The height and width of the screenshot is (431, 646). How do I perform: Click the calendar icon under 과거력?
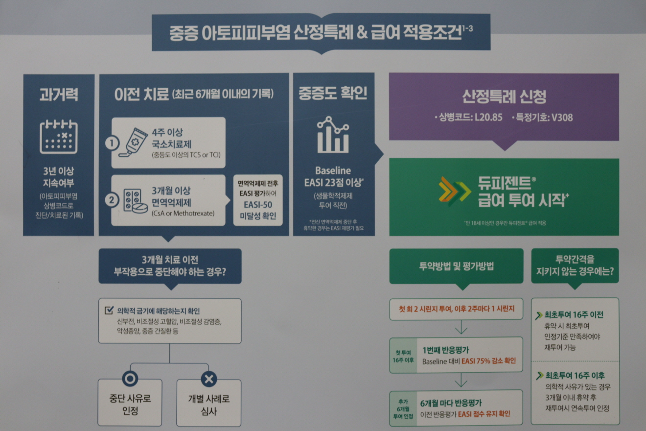pos(58,137)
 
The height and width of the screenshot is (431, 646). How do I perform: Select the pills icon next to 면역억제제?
pos(134,201)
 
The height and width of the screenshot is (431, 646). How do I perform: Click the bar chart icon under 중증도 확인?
pos(333,135)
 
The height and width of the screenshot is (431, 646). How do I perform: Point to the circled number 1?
pos(112,143)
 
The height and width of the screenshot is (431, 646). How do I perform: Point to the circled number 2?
pos(112,200)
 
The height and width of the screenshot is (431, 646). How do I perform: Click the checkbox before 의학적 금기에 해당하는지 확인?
pos(109,311)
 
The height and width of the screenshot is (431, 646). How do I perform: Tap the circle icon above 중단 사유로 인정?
pos(130,378)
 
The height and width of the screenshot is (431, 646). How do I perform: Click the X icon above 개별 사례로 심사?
pos(209,379)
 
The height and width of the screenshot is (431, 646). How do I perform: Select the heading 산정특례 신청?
pos(504,96)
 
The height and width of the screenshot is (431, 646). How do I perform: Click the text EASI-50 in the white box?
pos(258,205)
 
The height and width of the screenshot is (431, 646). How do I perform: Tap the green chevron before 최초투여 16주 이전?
pos(540,315)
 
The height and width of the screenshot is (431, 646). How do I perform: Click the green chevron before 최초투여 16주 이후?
pos(540,376)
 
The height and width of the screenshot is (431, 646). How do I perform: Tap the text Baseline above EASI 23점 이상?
pos(333,171)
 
